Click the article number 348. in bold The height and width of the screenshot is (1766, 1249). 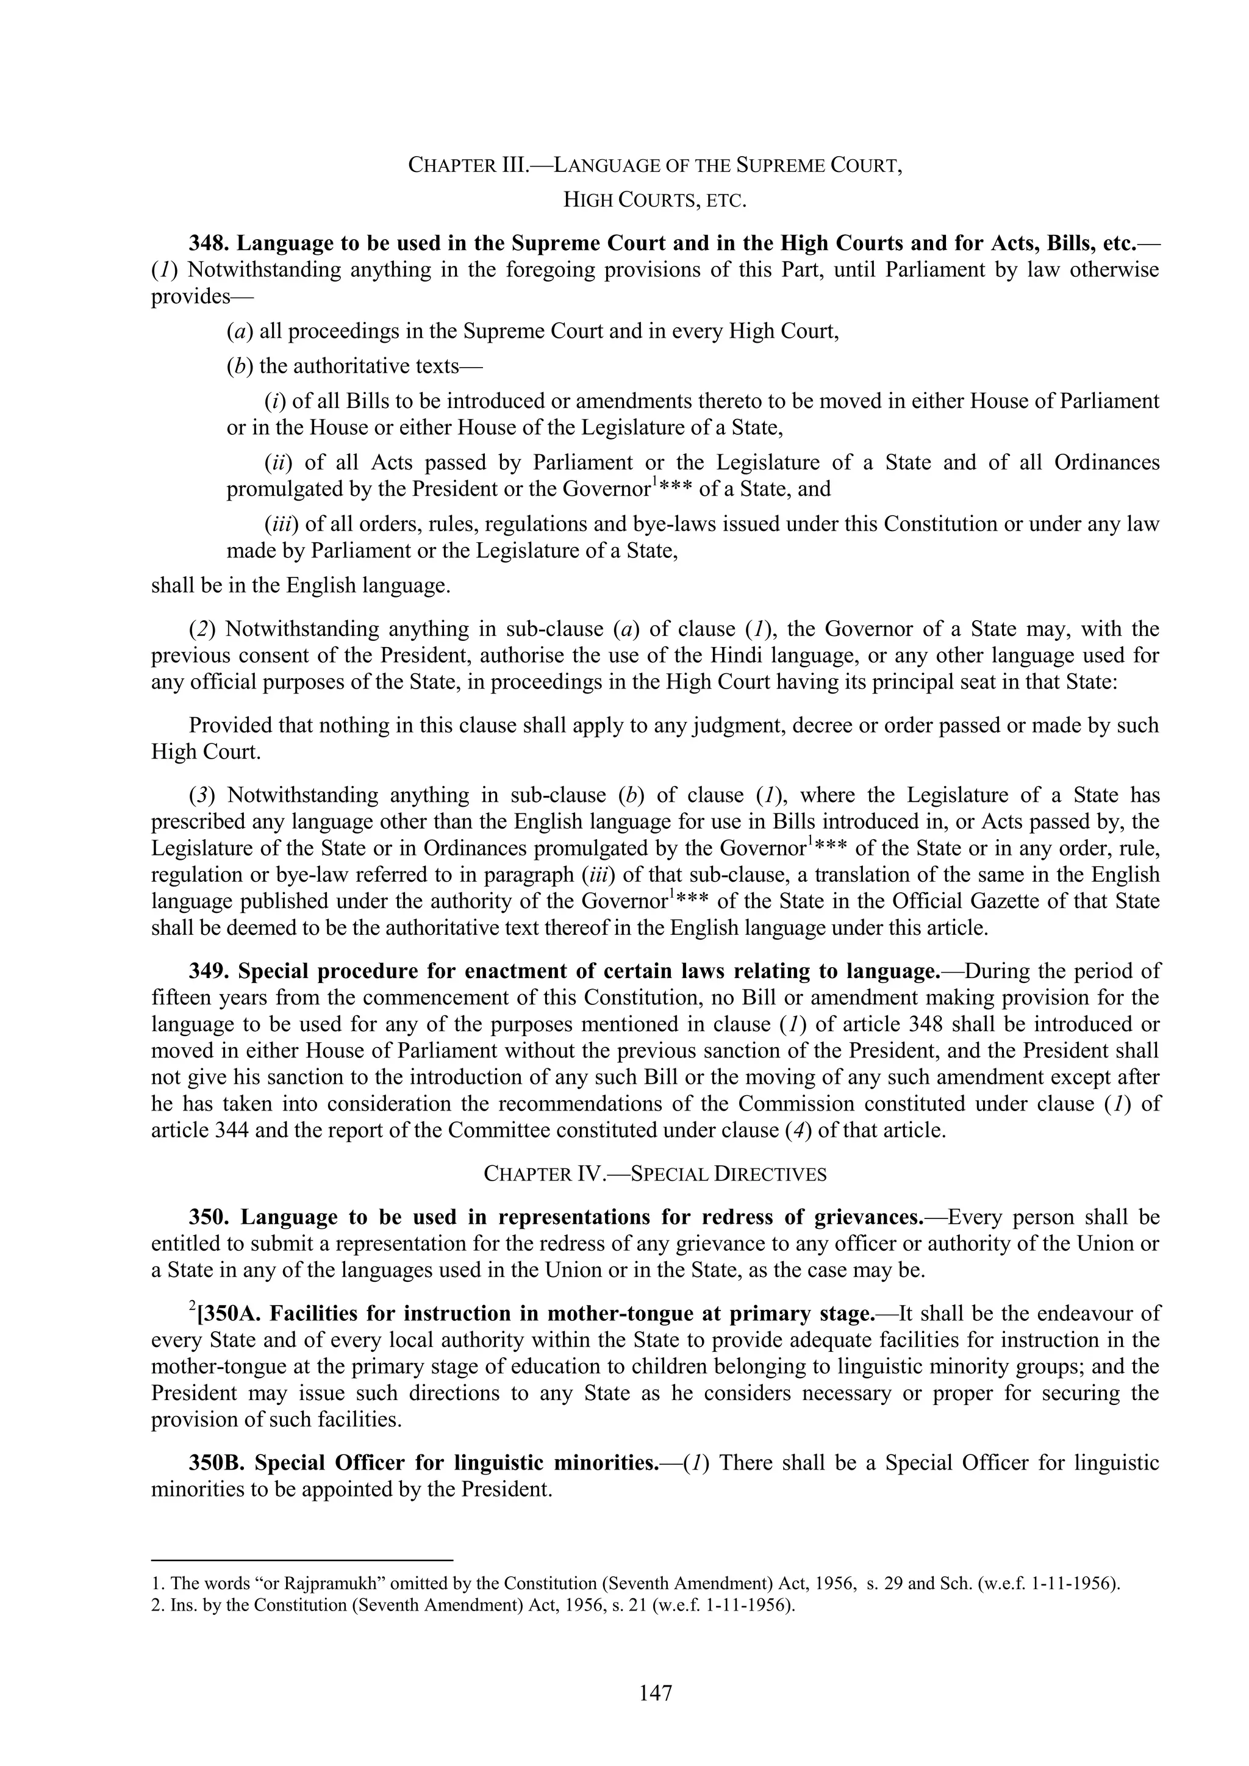click(210, 243)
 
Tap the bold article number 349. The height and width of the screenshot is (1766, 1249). click(210, 971)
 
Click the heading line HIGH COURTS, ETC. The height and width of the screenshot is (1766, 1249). click(655, 201)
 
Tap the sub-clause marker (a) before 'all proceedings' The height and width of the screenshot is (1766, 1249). click(240, 332)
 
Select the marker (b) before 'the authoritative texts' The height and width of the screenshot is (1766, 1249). click(240, 366)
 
